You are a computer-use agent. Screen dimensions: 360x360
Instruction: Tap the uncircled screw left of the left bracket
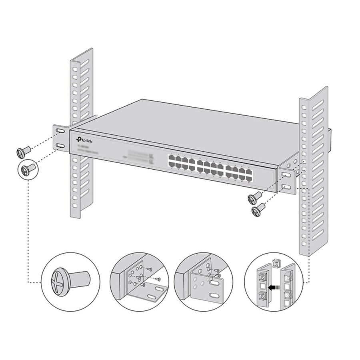coord(24,152)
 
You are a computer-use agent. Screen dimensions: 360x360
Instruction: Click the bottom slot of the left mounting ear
coord(60,146)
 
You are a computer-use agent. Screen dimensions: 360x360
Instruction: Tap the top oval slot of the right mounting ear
coord(286,175)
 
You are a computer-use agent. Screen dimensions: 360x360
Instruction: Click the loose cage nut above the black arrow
coord(275,262)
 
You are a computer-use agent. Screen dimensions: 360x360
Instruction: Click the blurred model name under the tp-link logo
coord(83,147)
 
